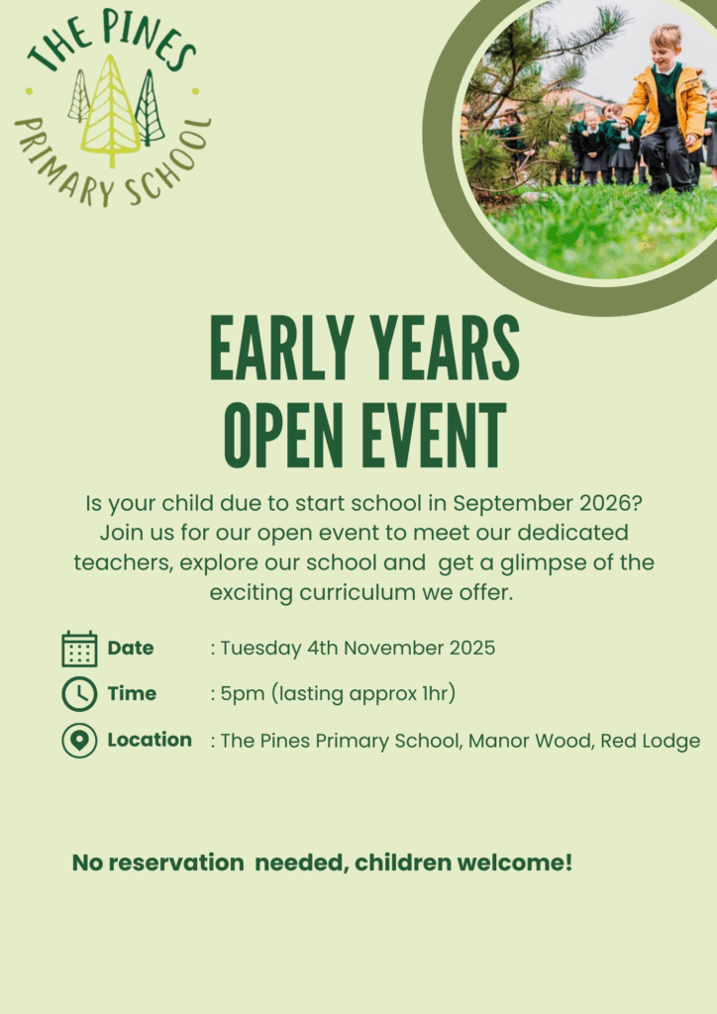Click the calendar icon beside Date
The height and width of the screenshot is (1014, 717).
[79, 649]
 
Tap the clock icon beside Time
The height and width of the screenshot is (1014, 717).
[79, 694]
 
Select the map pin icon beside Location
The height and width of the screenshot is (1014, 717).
[79, 741]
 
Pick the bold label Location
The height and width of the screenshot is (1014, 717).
[150, 740]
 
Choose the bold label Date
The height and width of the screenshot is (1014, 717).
[131, 648]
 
